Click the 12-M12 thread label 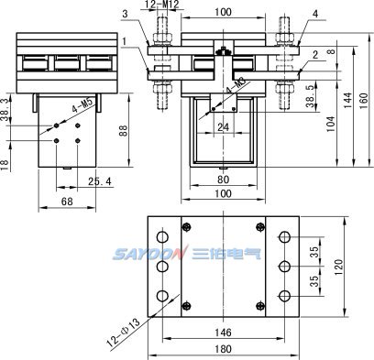pos(161,5)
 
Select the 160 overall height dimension pos(363,100)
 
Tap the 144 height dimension pos(347,100)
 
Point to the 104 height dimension pos(331,124)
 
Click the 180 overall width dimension pos(223,349)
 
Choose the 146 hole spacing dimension pos(223,333)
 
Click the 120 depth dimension pos(339,267)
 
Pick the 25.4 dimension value pos(100,181)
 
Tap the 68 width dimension pos(67,202)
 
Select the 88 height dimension pos(123,130)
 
